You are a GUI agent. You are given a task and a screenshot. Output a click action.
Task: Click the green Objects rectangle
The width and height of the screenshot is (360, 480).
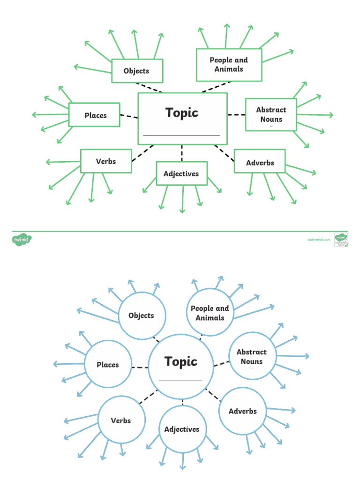coord(137,71)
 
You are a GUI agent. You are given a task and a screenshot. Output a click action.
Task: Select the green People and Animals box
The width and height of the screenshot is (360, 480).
coord(229,65)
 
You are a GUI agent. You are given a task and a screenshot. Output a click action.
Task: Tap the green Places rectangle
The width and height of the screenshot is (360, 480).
coord(95,115)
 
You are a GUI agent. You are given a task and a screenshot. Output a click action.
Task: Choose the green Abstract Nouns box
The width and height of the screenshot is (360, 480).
coord(271,114)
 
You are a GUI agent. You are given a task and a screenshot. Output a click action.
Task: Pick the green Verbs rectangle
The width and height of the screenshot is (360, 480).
coord(105,161)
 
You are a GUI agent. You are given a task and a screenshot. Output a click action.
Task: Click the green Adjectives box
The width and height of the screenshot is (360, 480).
coord(181,174)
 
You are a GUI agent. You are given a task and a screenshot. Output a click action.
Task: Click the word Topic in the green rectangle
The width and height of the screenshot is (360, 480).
coord(182,112)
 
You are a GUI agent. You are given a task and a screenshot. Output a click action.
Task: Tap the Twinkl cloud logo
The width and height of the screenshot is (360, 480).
coord(22,240)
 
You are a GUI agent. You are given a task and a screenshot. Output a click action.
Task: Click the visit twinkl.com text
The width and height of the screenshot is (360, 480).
coord(319,240)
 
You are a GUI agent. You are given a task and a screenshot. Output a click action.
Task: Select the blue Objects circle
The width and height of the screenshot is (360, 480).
coord(141,315)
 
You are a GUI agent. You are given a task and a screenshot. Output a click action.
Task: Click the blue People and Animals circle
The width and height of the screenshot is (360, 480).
coord(210,313)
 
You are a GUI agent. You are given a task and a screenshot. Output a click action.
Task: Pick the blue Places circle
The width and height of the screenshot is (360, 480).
coord(108,364)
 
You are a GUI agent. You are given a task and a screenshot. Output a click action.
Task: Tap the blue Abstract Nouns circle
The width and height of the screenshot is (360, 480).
coord(252,357)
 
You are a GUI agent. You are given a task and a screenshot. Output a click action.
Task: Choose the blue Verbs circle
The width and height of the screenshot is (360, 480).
coord(121,420)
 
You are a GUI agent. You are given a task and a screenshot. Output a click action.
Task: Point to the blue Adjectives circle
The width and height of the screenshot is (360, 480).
coord(182,429)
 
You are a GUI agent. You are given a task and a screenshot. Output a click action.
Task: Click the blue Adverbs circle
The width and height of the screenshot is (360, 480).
coord(242,411)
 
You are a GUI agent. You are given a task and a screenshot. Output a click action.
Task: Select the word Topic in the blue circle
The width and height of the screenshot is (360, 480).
coord(181,361)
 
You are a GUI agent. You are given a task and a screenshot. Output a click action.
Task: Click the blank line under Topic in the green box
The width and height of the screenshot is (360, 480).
coord(181,135)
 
